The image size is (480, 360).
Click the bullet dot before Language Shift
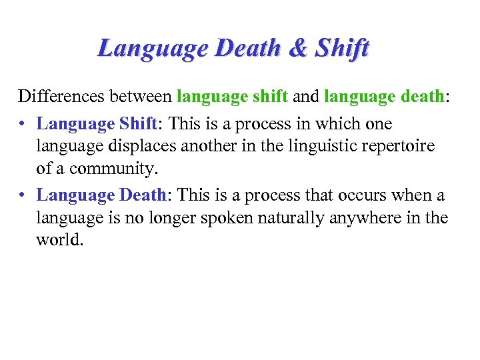tap(24, 125)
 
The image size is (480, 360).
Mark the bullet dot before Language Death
tap(24, 195)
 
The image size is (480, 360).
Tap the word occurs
tap(359, 195)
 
